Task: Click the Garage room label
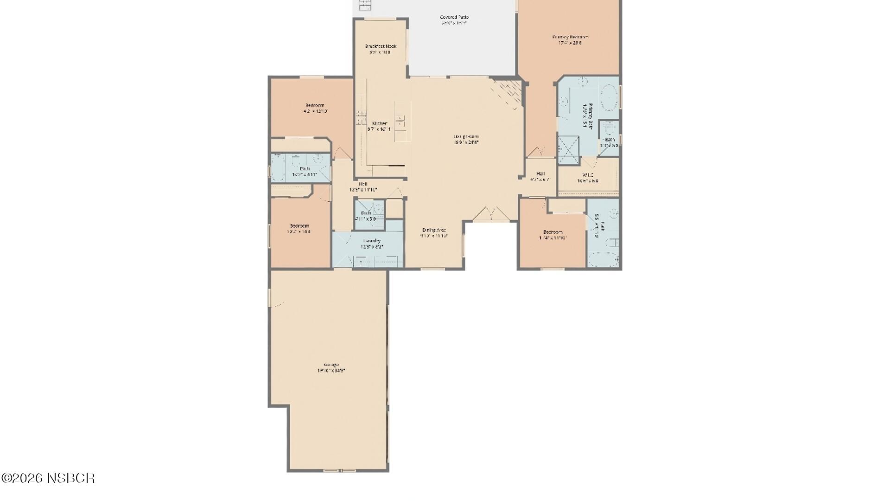click(x=331, y=365)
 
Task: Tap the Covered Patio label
click(x=454, y=17)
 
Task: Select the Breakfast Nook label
click(x=381, y=46)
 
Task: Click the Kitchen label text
click(x=379, y=123)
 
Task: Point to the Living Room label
click(x=466, y=136)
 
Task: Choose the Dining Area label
click(x=434, y=230)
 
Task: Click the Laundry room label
click(x=372, y=241)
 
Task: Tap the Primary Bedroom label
click(x=570, y=37)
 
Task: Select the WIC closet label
click(x=587, y=175)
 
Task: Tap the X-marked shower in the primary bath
click(x=568, y=149)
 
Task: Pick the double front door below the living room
click(x=491, y=213)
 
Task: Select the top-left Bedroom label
click(x=315, y=105)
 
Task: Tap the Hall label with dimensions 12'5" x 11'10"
click(x=363, y=184)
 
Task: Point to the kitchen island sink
click(x=400, y=122)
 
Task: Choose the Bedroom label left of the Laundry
click(x=299, y=226)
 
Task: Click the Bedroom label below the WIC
click(x=553, y=232)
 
